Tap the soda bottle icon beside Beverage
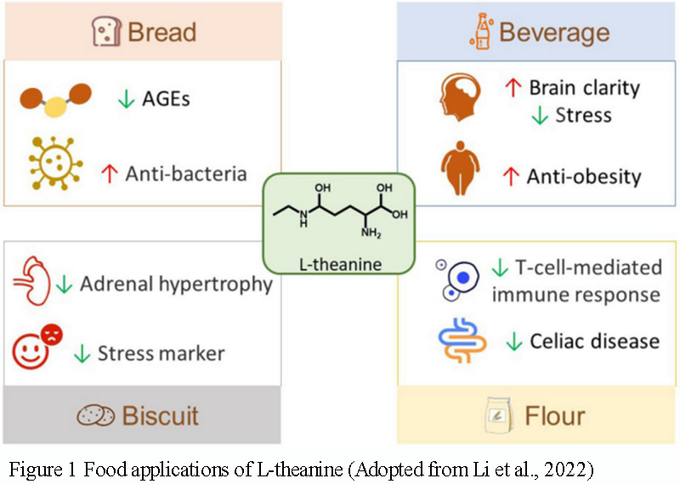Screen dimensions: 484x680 pyautogui.click(x=479, y=32)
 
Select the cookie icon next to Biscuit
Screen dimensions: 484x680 pyautogui.click(x=95, y=416)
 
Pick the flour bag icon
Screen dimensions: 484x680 pyautogui.click(x=495, y=416)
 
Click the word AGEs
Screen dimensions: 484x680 pyautogui.click(x=166, y=98)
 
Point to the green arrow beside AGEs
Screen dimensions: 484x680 pyautogui.click(x=126, y=98)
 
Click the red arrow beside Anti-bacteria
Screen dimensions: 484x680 pyautogui.click(x=108, y=174)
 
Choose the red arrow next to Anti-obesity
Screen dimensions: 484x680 pyautogui.click(x=511, y=177)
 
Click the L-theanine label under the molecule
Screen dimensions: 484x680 pyautogui.click(x=341, y=265)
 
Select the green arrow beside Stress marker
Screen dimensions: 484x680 pyautogui.click(x=82, y=353)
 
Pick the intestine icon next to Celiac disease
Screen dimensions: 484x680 pyautogui.click(x=462, y=340)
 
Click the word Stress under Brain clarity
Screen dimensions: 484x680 pyautogui.click(x=583, y=115)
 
